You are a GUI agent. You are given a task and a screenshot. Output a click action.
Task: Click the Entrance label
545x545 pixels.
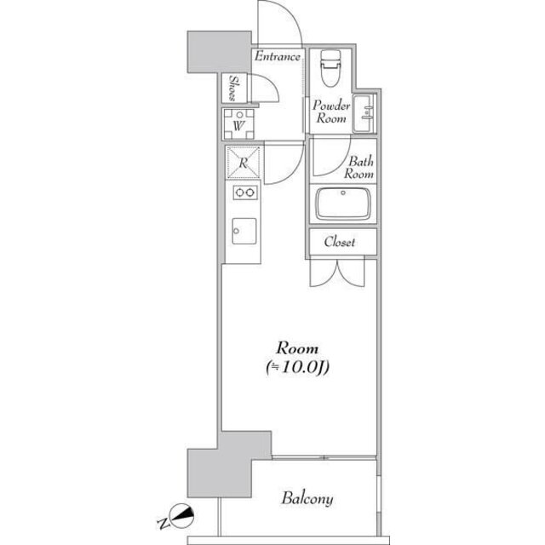point(278,58)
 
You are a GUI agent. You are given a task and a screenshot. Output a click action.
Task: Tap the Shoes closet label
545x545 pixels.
point(233,89)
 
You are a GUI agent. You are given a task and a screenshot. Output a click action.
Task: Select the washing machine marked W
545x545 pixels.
point(240,124)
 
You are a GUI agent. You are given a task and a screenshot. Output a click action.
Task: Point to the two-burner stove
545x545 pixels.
point(244,193)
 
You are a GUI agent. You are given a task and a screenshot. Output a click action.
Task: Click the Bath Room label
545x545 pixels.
point(359,167)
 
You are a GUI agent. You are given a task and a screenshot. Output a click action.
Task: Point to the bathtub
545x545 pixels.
point(345,205)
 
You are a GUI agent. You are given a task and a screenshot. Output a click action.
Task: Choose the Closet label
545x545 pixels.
point(339,243)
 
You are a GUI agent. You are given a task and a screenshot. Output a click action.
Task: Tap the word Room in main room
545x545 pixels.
point(296,349)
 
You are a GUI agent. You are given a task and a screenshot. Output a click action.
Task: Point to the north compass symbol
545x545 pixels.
point(182,514)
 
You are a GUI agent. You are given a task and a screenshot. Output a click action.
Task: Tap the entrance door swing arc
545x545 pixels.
point(281,21)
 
